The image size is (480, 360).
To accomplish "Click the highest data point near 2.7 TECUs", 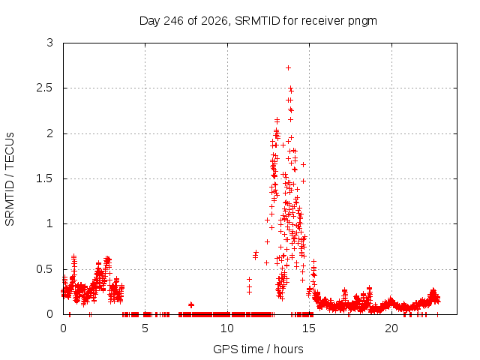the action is (288, 68).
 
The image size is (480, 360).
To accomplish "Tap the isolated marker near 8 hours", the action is (191, 305).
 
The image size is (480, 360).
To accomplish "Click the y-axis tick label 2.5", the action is (45, 88).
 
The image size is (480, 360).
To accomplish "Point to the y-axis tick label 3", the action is (50, 43).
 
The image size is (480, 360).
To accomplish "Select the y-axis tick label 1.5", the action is (45, 178).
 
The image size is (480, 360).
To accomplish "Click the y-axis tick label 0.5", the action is (45, 269).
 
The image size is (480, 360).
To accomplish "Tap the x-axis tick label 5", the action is (145, 328).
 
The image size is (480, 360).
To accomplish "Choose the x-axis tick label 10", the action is (227, 328).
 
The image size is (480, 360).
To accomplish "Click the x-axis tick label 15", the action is (309, 328).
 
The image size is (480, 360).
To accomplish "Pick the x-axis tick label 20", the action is (391, 328).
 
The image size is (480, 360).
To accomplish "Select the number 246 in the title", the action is (173, 21).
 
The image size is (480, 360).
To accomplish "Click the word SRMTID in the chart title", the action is (257, 21).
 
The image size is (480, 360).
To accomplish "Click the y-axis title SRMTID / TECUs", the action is (10, 179).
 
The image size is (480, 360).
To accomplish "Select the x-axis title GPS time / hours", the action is (258, 349).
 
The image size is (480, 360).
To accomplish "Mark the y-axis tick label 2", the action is (50, 133).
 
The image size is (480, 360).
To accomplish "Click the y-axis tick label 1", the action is (50, 223).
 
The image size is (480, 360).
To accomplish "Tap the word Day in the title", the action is (150, 22).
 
